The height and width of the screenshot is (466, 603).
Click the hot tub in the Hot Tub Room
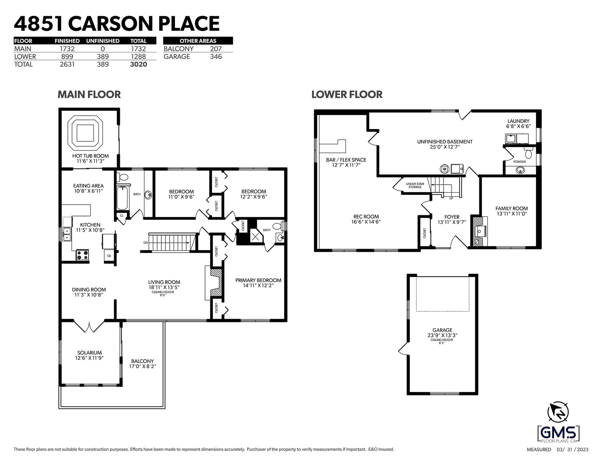click(x=85, y=133)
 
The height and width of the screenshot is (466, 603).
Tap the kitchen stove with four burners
click(x=83, y=255)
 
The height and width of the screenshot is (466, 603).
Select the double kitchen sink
click(x=67, y=234)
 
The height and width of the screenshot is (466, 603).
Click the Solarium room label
click(x=89, y=353)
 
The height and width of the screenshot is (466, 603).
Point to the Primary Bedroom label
click(x=258, y=281)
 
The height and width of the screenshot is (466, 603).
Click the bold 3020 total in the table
click(x=138, y=64)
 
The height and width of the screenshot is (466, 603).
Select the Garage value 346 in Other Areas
click(x=216, y=57)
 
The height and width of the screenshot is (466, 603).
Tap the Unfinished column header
click(x=103, y=41)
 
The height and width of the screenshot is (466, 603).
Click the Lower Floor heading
click(x=347, y=94)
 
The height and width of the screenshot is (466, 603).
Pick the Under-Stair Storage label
click(x=415, y=185)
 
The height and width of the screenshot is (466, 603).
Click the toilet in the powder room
click(x=528, y=153)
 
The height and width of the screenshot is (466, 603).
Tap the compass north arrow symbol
click(x=558, y=412)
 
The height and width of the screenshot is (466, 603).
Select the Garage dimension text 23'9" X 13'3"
click(x=442, y=335)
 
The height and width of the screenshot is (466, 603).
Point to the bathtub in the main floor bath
click(x=122, y=198)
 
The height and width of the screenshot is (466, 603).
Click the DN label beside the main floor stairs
click(x=146, y=242)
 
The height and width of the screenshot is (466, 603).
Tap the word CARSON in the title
click(x=110, y=24)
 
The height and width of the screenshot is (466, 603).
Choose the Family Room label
click(x=511, y=208)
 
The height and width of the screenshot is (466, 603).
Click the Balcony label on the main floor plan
click(x=142, y=361)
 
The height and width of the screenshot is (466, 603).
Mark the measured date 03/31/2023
click(x=572, y=450)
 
